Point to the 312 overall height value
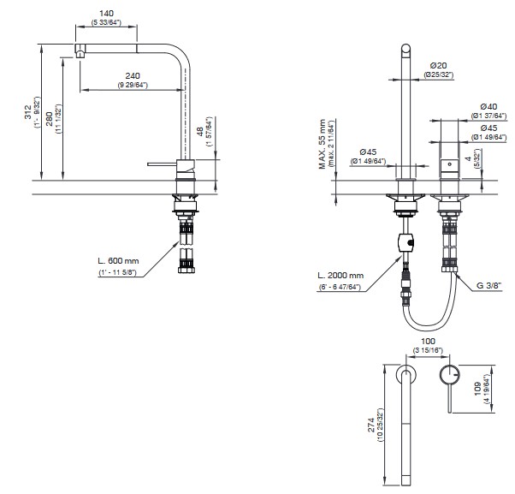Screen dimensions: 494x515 point(27,112)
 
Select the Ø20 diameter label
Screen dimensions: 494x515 point(440,65)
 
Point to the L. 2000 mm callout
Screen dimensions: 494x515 point(340,275)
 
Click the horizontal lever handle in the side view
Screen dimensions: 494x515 point(163,161)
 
